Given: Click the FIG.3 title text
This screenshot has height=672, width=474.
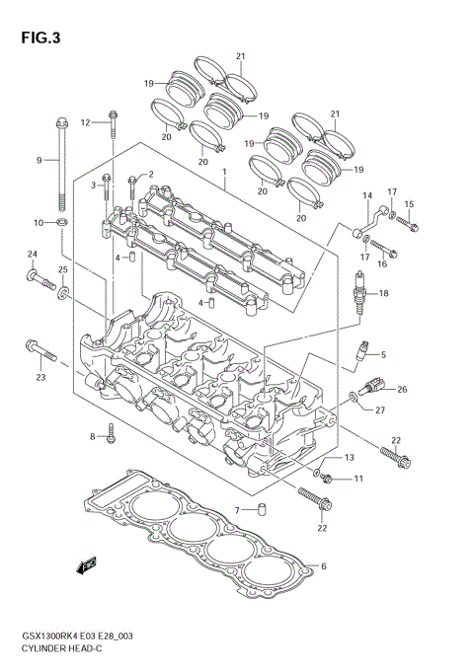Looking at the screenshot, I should coord(39,38).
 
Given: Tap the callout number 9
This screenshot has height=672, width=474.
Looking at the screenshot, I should coord(40,160).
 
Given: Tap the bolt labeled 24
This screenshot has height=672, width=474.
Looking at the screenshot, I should coord(40,279).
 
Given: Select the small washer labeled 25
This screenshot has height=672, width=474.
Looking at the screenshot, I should coord(63,292).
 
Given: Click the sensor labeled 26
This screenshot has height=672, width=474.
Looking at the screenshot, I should coord(373,387).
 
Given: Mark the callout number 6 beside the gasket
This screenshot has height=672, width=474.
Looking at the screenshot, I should coord(323,566).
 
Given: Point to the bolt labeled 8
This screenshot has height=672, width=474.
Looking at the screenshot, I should coord(112,431).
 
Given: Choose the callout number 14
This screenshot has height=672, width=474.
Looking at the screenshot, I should coord(365,195).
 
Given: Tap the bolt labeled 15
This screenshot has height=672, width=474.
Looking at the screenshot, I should coord(411,220).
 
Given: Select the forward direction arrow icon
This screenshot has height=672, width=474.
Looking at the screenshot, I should coord(86,564).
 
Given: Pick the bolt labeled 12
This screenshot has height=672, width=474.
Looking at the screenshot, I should coord(115,123).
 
